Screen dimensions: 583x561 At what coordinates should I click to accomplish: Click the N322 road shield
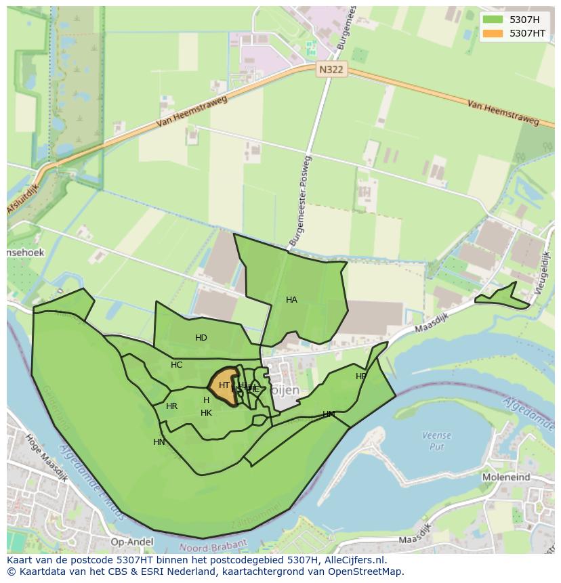331,69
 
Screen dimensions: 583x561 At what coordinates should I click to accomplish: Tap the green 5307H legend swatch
493,20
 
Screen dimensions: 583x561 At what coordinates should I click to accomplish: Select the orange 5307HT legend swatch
493,33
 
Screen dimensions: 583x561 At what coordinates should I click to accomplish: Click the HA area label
291,300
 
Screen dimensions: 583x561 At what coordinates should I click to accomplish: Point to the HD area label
201,338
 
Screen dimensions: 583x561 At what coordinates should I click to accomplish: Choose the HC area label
177,365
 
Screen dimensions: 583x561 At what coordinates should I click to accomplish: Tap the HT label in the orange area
224,385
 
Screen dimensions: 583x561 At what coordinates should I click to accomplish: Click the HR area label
171,406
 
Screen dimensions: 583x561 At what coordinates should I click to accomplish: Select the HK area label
206,413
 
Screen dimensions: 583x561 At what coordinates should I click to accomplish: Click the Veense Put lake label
436,441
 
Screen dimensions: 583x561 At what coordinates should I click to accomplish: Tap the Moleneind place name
506,477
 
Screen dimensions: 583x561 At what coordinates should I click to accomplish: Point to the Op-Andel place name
131,542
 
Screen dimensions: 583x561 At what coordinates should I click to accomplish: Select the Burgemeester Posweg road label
299,201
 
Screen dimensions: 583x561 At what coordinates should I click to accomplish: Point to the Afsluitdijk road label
23,196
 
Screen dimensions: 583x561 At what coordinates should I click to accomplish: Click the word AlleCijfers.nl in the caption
353,561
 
